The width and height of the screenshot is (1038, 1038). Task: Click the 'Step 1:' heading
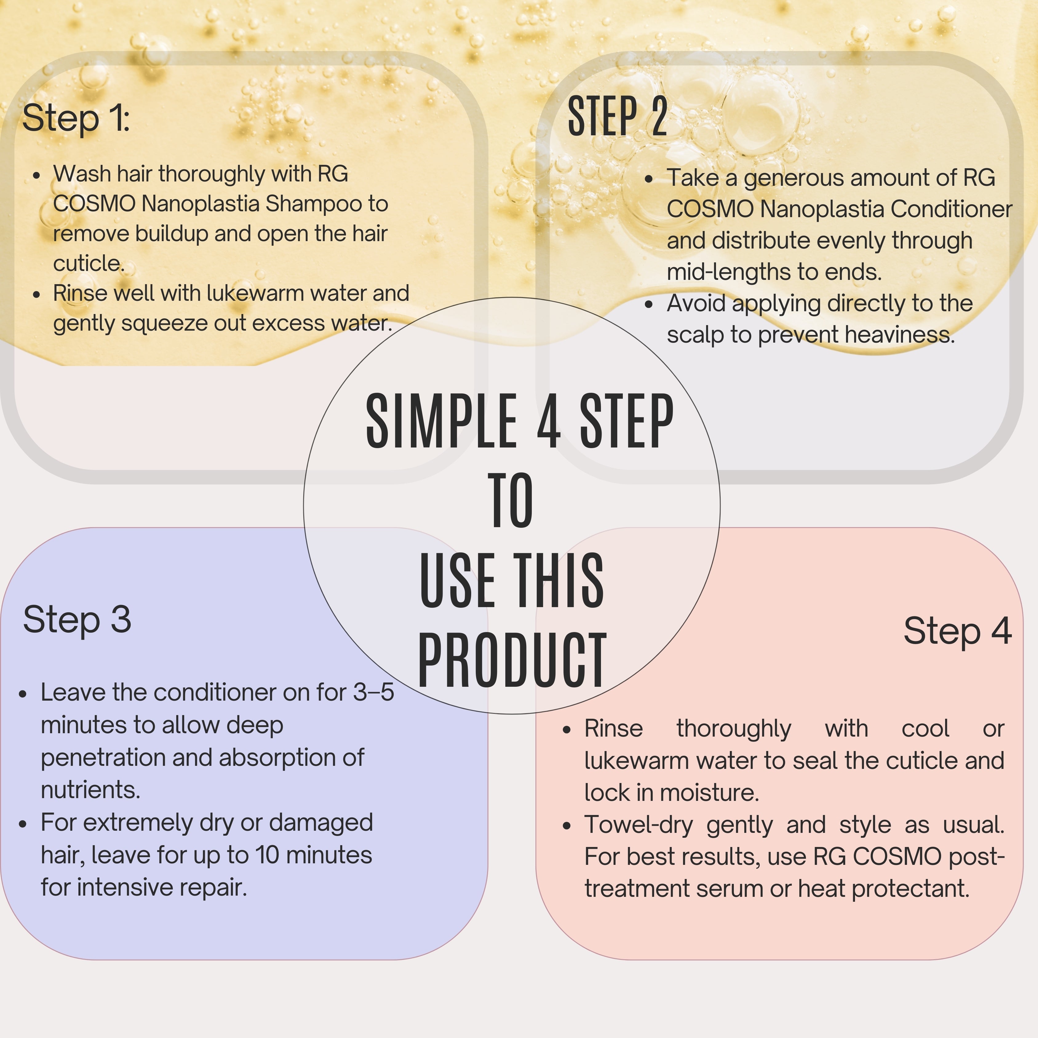point(76,118)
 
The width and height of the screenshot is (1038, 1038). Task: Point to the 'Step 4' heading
point(957,631)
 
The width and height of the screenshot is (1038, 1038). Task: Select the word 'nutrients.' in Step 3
point(90,790)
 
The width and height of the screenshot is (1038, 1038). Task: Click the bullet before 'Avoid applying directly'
point(649,304)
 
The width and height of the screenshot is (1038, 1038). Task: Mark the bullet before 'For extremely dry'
point(22,824)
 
